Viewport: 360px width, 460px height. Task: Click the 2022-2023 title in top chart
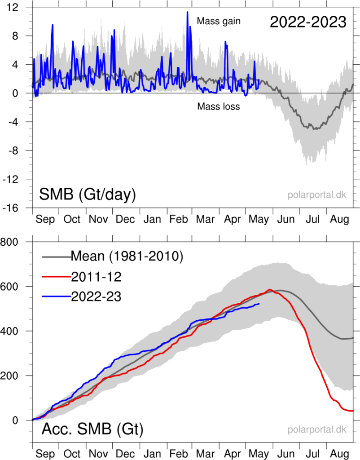point(308,22)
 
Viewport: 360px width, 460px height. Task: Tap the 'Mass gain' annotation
point(219,21)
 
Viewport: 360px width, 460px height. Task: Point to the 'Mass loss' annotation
point(219,106)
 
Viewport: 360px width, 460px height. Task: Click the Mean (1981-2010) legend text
point(127,257)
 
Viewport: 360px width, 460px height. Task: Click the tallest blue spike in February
point(188,12)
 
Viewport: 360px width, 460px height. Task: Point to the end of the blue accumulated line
point(259,304)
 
